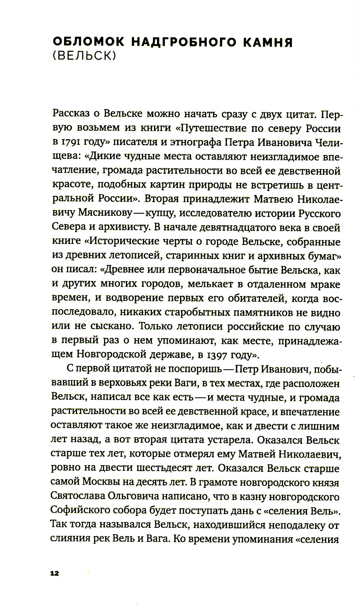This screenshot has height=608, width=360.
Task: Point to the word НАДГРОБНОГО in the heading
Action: click(x=180, y=43)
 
